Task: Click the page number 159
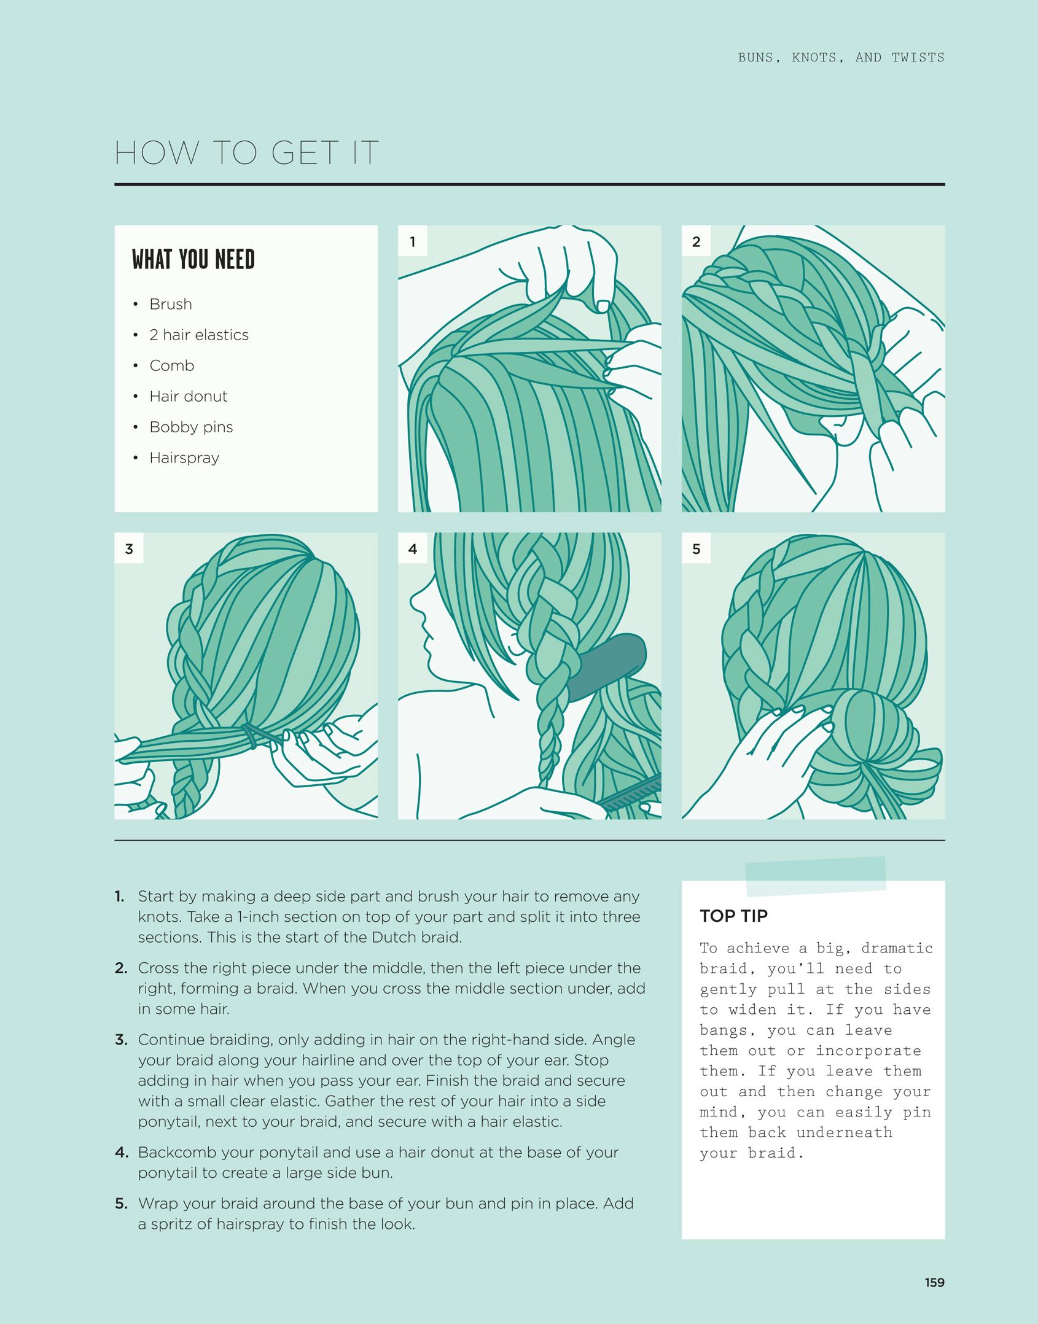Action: [934, 1282]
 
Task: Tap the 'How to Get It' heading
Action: [246, 152]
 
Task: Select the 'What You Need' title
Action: [193, 259]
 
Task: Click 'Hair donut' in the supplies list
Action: [188, 396]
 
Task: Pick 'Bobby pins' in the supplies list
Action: [191, 427]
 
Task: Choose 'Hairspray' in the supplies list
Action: [184, 458]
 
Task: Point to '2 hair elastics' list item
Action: [199, 335]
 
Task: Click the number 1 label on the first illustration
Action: [413, 241]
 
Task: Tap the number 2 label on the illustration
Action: [696, 241]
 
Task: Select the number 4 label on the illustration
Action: [413, 548]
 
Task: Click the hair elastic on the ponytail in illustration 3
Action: [251, 736]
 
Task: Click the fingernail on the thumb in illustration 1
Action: [603, 305]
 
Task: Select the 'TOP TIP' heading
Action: [733, 916]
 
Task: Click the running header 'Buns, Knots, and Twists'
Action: [841, 58]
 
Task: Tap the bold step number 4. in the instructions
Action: [121, 1152]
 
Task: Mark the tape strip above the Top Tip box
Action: [816, 876]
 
